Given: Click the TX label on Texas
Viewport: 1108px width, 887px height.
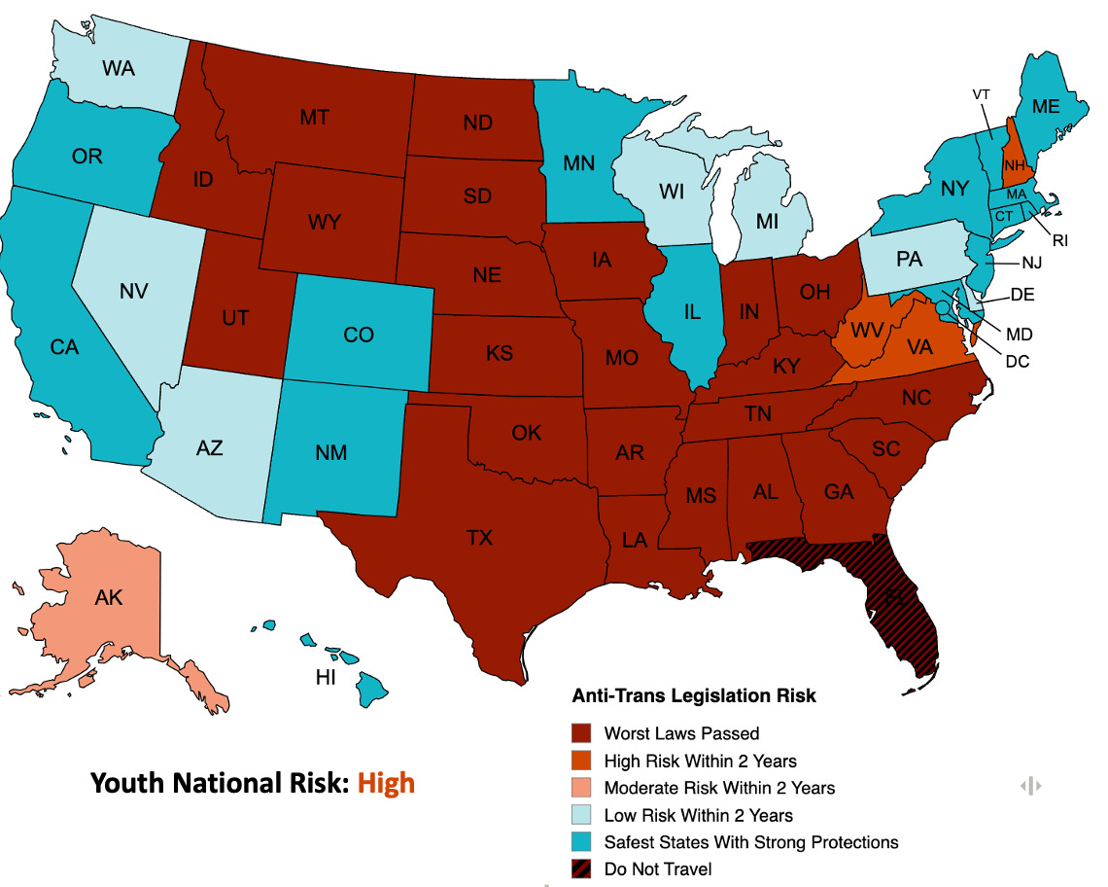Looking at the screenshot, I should tap(479, 537).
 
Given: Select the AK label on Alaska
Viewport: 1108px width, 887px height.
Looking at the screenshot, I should tap(109, 597).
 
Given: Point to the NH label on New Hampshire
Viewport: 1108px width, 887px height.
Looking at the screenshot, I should tap(1014, 165).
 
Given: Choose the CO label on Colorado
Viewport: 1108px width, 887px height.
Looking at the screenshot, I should tap(359, 335).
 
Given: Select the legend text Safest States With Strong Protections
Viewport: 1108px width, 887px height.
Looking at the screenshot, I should tap(750, 842).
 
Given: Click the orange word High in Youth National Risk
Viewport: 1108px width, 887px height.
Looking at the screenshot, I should tap(386, 782).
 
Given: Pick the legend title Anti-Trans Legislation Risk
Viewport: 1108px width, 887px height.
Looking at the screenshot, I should tap(693, 696).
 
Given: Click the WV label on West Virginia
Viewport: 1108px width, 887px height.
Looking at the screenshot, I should tap(867, 331).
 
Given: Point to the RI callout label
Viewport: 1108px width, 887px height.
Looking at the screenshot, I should tap(1059, 240).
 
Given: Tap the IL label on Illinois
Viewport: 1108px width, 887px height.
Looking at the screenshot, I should tap(692, 312).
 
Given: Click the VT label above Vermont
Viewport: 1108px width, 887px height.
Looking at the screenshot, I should tap(981, 94).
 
